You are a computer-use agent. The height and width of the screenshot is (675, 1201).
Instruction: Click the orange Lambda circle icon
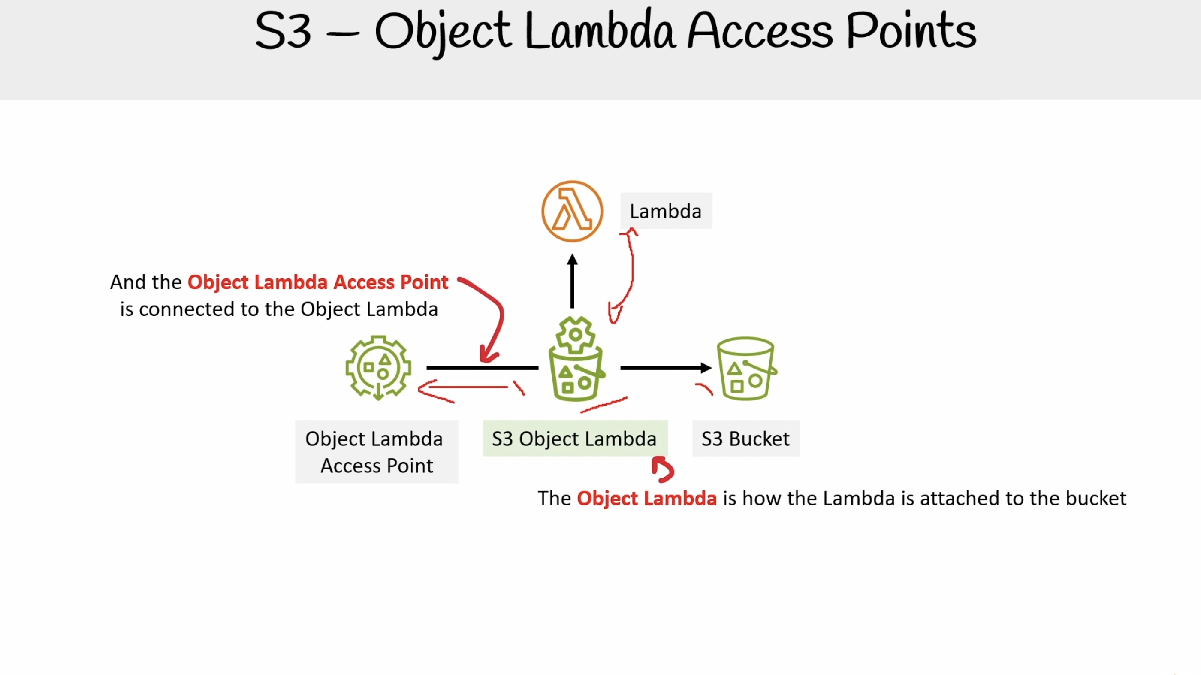[572, 211]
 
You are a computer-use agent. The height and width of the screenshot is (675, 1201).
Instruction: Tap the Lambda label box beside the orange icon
[666, 211]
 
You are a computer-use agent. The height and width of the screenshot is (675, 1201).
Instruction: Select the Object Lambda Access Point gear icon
[378, 368]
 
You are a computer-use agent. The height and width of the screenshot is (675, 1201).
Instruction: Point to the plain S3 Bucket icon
[746, 368]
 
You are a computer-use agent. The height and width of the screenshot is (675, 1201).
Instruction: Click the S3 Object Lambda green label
[575, 439]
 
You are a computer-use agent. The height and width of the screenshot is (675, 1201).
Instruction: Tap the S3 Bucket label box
[746, 439]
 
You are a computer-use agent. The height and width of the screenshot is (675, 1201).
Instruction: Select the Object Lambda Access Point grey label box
[377, 451]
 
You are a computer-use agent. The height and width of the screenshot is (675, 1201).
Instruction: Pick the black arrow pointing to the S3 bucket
[666, 368]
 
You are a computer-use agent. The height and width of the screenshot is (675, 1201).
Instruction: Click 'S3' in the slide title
[283, 31]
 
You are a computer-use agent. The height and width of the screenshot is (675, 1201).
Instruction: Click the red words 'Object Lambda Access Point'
[318, 282]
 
